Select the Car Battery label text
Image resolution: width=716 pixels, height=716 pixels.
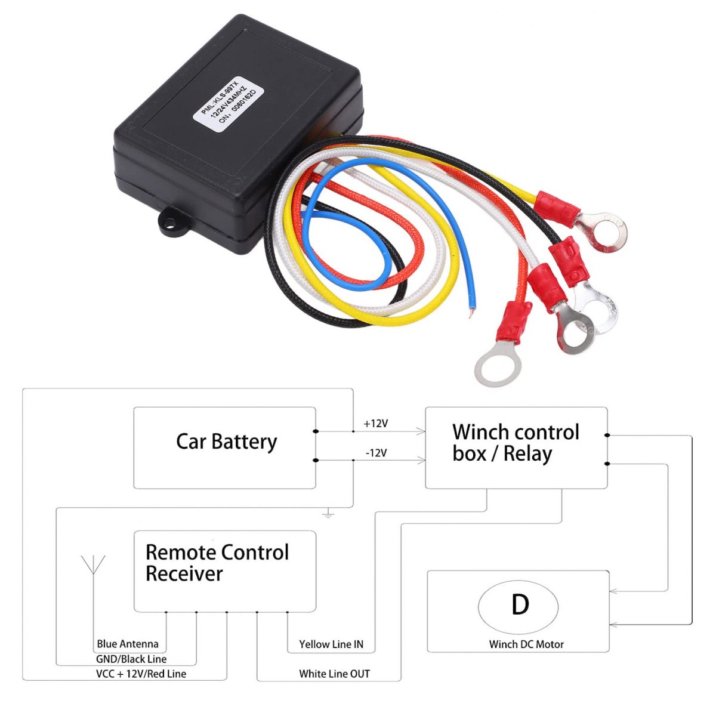point(226,442)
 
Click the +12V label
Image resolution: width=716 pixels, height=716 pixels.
point(376,424)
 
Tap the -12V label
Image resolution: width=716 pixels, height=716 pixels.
point(376,453)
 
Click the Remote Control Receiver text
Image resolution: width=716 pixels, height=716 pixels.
point(217,563)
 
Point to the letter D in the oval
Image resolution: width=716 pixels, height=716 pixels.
point(520,604)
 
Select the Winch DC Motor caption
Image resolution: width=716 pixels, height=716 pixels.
point(526,644)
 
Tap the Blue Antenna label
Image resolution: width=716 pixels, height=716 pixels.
point(128,644)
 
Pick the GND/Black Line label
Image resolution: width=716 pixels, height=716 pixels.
point(131,659)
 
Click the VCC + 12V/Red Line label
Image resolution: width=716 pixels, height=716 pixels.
point(141,674)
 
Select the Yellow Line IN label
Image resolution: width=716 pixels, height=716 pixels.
point(331,644)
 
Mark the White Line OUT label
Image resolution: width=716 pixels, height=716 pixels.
point(334,674)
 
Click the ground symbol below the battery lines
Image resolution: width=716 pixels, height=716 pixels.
point(328,513)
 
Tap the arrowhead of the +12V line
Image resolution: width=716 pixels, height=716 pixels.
point(421,431)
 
